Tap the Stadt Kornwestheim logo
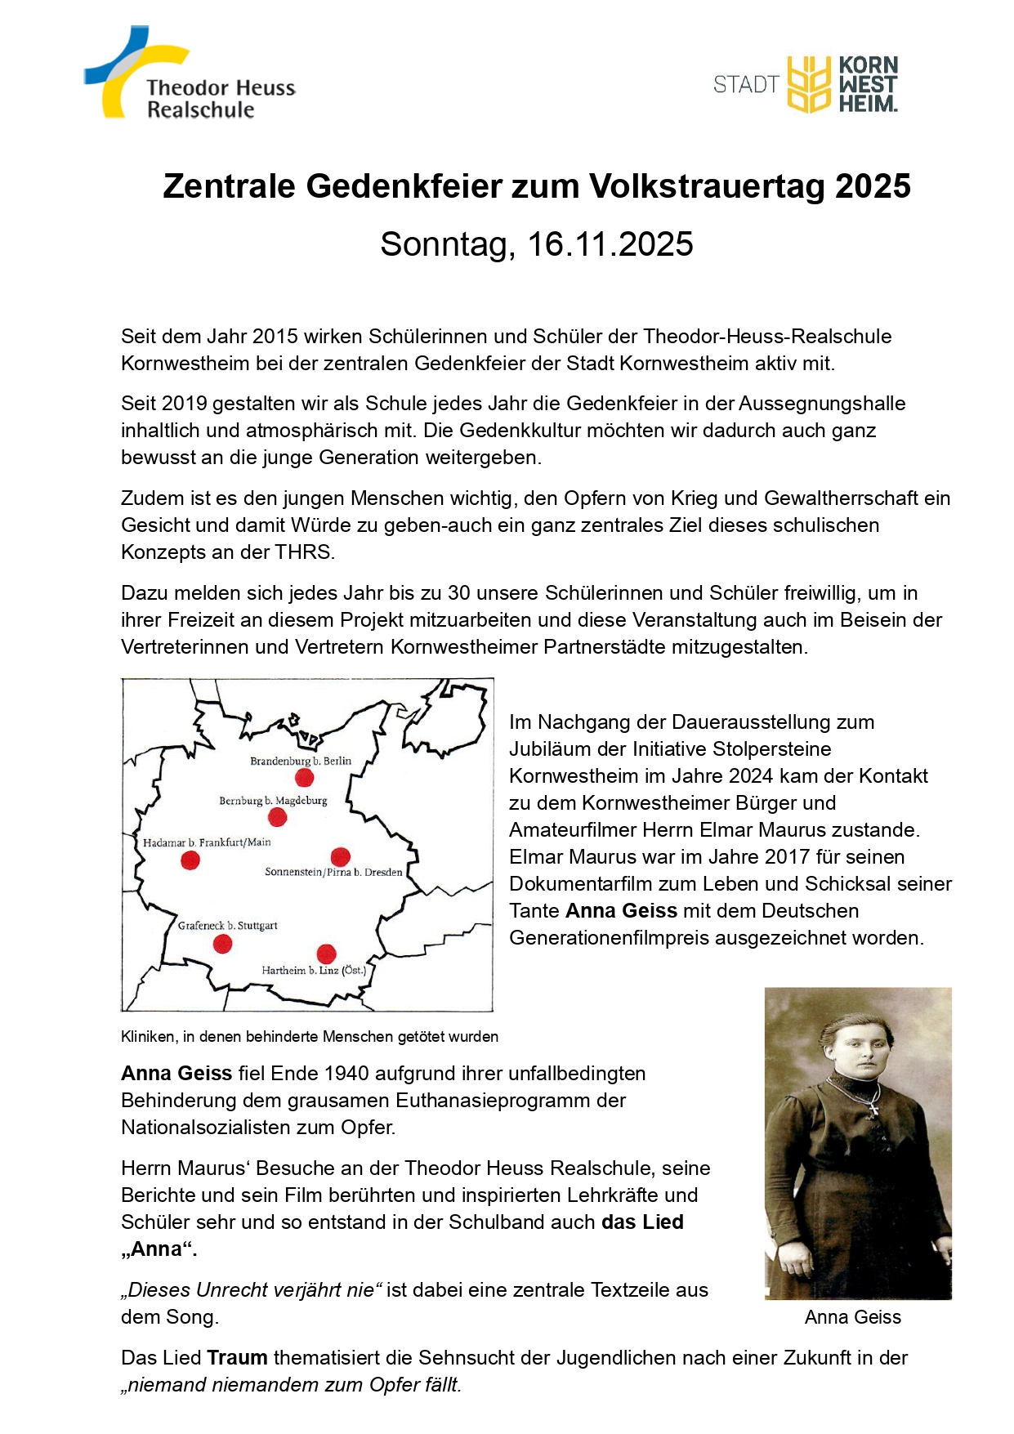806,84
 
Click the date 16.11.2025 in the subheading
610,244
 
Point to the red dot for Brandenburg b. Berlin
304,777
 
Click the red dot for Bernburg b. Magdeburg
278,817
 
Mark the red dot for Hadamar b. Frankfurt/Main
190,860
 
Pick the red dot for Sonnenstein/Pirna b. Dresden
341,856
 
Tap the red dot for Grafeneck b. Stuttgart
222,944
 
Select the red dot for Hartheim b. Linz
326,954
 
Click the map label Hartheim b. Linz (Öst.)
314,971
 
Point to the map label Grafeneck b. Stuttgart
228,926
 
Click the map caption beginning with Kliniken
309,1037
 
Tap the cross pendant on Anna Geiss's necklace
873,1109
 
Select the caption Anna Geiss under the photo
852,1317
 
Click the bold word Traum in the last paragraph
237,1358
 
